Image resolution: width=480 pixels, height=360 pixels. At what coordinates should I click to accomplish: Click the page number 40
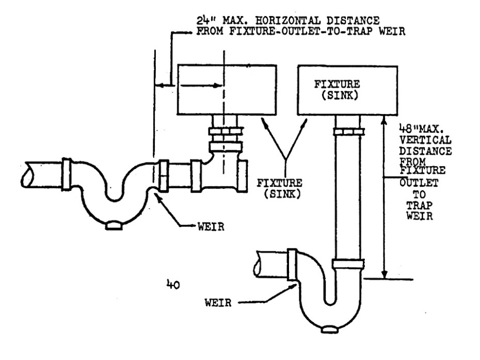(x=173, y=285)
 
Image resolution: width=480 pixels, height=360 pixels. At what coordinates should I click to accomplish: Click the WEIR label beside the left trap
(x=211, y=226)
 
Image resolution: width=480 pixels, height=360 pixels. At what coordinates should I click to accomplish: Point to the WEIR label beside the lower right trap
(x=218, y=303)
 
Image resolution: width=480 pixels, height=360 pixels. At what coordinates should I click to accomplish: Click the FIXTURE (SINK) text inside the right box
(x=337, y=90)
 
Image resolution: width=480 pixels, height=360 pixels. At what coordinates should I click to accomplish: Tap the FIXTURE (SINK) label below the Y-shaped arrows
(x=279, y=188)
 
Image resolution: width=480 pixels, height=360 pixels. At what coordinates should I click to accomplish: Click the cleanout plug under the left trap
(x=114, y=225)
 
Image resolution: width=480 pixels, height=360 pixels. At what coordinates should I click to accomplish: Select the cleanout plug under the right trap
(x=329, y=329)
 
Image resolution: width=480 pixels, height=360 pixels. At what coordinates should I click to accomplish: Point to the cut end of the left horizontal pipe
(x=27, y=174)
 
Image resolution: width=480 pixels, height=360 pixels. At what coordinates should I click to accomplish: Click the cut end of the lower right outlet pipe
(x=258, y=264)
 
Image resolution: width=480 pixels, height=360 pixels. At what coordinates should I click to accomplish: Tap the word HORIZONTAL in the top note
(x=288, y=21)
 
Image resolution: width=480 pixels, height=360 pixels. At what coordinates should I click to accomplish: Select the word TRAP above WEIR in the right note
(x=419, y=205)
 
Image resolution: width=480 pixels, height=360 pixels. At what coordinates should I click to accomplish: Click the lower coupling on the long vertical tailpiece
(x=348, y=264)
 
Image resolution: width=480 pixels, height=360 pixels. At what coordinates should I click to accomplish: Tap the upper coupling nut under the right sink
(x=349, y=132)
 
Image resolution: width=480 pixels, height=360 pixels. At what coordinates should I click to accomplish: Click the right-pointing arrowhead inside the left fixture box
(x=217, y=85)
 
